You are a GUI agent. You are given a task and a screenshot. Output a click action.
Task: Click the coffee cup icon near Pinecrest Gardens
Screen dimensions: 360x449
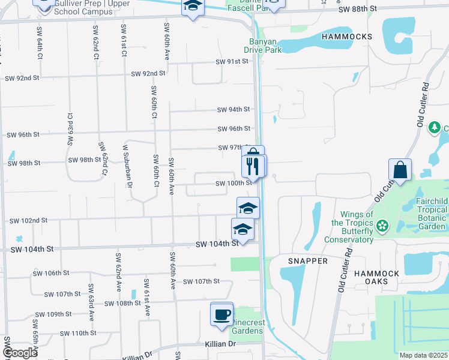coord(221,314)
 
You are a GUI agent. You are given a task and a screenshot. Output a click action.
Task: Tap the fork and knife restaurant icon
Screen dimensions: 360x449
coord(253,165)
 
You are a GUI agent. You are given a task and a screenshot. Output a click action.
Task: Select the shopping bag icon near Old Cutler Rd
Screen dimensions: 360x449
coord(400,170)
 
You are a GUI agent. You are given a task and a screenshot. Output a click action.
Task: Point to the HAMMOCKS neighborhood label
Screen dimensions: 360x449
coord(346,37)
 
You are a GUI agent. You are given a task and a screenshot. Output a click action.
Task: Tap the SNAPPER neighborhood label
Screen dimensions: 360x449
coord(307,261)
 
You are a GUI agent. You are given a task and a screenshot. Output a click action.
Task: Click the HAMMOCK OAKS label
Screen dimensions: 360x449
coord(376,278)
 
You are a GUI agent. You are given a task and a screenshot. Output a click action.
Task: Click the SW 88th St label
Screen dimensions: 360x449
coord(357,10)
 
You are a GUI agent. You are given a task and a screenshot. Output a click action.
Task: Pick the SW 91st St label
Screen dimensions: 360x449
coord(233,62)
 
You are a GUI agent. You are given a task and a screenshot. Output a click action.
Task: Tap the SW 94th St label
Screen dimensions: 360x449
coord(234,110)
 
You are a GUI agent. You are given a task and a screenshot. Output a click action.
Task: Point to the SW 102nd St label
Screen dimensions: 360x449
coord(28,221)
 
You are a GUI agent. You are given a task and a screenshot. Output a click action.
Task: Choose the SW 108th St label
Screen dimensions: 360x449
coord(122,304)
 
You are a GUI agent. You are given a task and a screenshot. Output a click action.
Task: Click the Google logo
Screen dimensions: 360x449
coord(19,353)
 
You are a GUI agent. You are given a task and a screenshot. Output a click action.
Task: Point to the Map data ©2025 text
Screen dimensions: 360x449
coord(424,355)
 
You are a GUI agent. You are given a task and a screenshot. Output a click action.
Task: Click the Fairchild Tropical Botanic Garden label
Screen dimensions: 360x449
coord(430,213)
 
